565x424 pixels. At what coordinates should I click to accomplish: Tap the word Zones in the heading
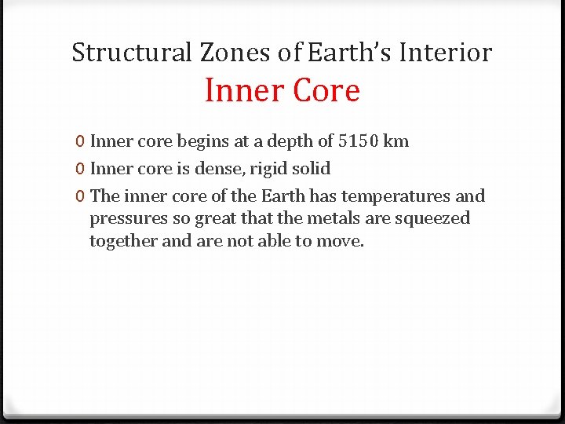(227, 53)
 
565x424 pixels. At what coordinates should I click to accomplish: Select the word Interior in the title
(446, 53)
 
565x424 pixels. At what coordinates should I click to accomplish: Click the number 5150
(357, 141)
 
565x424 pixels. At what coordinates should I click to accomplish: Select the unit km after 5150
(395, 141)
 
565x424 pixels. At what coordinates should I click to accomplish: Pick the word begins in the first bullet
(202, 142)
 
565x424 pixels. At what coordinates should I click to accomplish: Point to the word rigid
(269, 169)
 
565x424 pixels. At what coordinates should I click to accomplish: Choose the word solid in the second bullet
(312, 169)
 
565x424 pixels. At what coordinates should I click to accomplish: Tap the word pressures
(126, 218)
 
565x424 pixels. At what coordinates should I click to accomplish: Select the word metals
(327, 217)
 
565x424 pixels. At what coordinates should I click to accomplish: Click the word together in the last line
(123, 241)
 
